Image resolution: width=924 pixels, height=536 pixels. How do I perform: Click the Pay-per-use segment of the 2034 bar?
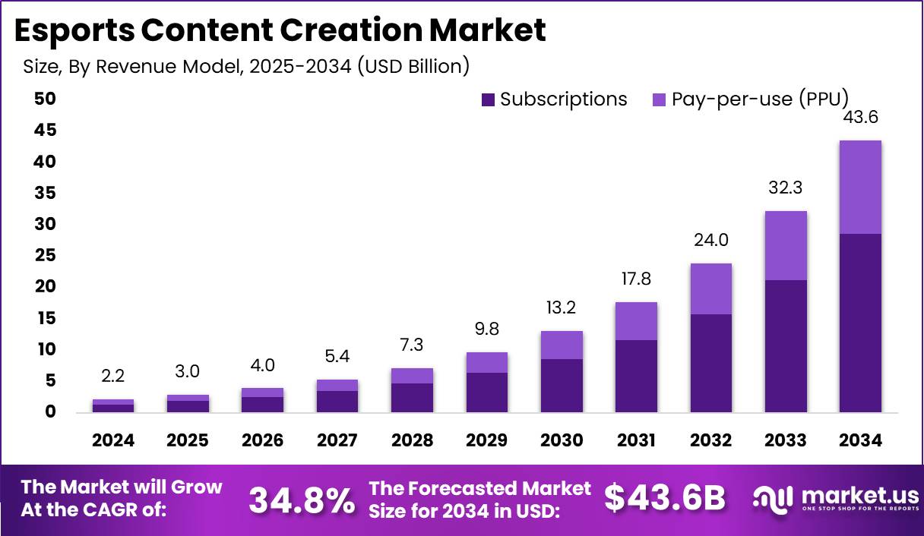(x=860, y=187)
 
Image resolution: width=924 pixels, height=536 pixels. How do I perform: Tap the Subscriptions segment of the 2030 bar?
(x=562, y=386)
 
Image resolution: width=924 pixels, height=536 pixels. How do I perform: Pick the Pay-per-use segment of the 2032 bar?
(x=711, y=288)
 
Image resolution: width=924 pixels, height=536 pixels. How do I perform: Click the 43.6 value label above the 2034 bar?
(x=860, y=118)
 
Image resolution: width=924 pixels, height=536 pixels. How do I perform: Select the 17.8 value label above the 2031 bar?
(x=636, y=279)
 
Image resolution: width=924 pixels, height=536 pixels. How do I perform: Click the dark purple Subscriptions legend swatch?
(x=489, y=99)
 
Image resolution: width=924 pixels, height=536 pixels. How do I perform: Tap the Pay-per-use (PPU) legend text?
(x=760, y=99)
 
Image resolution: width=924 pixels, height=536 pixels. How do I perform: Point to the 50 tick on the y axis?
(x=45, y=99)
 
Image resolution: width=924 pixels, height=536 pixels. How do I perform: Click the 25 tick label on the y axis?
(x=45, y=256)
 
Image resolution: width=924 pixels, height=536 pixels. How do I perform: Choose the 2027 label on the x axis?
(x=338, y=441)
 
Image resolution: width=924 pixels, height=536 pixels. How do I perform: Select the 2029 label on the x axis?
(x=487, y=441)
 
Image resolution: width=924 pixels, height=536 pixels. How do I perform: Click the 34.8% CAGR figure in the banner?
(x=301, y=499)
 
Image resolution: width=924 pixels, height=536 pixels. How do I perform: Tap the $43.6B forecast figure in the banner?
(x=665, y=497)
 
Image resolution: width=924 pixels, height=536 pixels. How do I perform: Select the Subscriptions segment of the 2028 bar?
(x=413, y=398)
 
